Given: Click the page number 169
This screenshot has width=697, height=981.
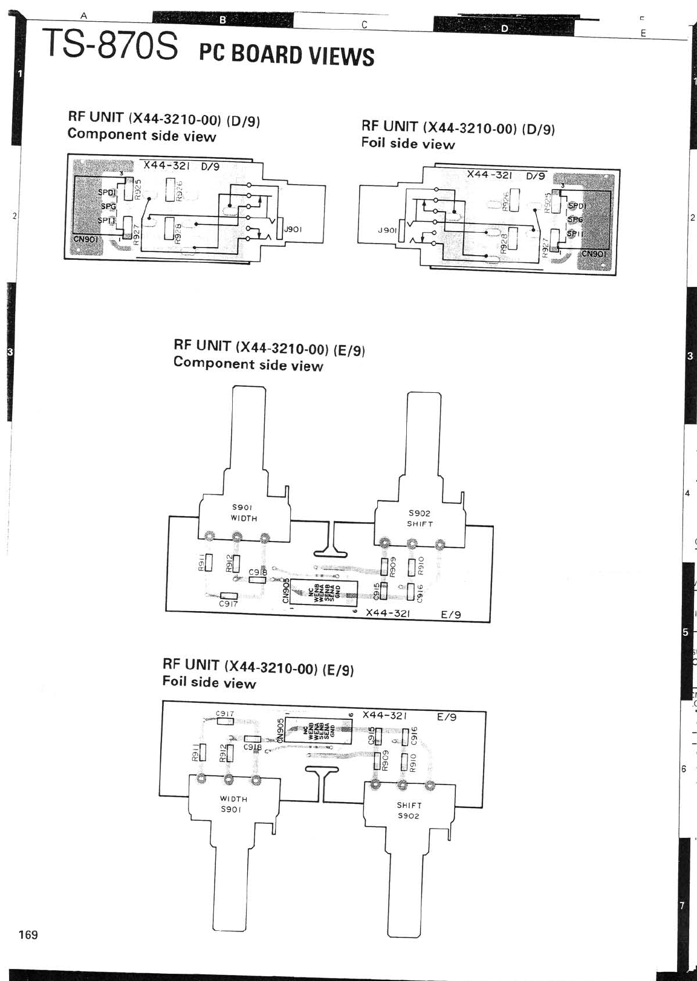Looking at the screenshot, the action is tap(28, 934).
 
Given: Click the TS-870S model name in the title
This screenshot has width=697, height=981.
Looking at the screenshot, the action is tap(111, 46).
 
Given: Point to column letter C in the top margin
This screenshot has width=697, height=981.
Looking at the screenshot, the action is tap(365, 25).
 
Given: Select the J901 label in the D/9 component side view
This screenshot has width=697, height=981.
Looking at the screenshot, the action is tap(293, 229).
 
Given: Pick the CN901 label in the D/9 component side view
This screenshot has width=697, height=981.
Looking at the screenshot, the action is tap(85, 238).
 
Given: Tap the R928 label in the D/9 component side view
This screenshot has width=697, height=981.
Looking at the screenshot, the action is tap(178, 232).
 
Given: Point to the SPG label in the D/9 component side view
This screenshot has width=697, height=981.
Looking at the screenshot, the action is tap(108, 206).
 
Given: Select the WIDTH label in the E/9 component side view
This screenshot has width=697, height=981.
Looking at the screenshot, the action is tap(244, 518).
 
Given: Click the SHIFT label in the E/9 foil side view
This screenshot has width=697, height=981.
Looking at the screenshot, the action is tap(409, 805).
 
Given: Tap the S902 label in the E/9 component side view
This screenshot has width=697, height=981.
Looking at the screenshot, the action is tap(420, 513).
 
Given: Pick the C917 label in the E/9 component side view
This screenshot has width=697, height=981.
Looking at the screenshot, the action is tap(229, 603).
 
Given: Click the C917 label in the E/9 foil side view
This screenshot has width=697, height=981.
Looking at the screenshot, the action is tap(225, 714).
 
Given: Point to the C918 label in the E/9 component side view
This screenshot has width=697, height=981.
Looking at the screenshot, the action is tap(258, 572).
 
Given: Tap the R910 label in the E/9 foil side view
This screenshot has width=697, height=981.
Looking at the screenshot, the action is tap(413, 763).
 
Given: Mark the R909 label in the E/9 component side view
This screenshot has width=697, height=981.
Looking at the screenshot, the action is tap(393, 566).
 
